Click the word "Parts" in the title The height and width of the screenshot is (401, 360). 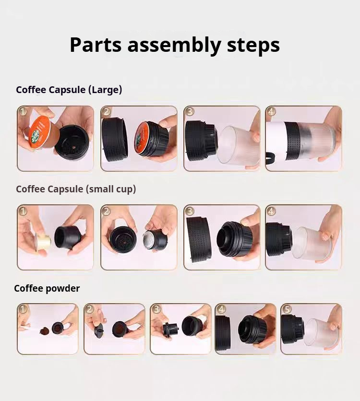coord(95,45)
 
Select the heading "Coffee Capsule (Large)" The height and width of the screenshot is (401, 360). coord(69,90)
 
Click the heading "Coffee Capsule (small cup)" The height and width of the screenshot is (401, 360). coord(76,189)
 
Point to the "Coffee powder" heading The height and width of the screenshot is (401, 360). coord(47,288)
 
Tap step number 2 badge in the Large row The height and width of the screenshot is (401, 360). coord(106,111)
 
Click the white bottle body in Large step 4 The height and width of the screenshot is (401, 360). coord(276,138)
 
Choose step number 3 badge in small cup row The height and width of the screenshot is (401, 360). coord(189,211)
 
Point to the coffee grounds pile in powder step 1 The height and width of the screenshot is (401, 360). coord(44,330)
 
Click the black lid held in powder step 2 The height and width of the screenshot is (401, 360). coord(98,330)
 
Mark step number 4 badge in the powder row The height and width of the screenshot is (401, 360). coord(221,309)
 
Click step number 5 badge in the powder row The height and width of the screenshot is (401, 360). coord(286,309)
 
